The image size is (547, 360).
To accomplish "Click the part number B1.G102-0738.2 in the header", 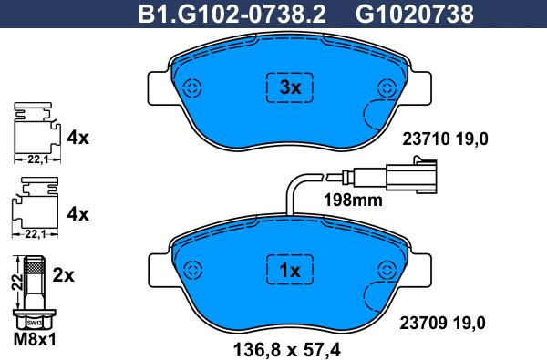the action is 232,15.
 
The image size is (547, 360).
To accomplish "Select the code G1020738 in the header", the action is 415,15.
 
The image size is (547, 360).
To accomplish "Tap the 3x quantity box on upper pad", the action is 290,87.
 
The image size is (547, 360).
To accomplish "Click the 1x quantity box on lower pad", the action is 290,270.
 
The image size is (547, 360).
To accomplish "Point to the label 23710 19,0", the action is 445,139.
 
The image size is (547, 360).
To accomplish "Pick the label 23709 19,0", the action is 442,323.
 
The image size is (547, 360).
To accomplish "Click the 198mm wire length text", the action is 353,201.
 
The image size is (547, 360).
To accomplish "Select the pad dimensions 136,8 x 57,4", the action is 287,350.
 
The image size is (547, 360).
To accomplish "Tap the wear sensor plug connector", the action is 411,177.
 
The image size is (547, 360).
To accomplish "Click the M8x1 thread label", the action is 35,339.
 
